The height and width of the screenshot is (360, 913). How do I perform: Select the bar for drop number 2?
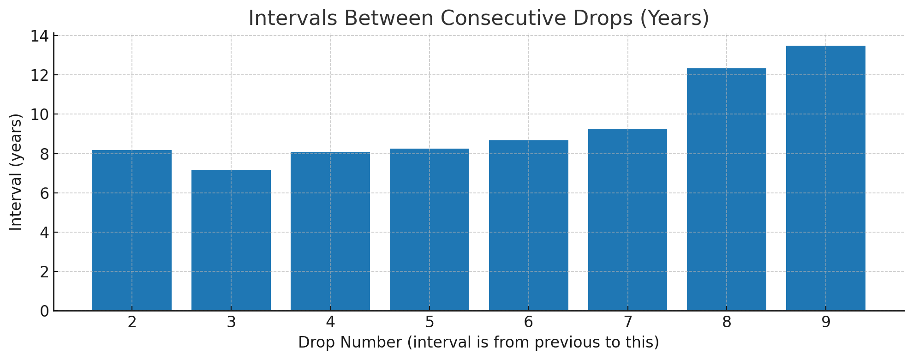(132, 231)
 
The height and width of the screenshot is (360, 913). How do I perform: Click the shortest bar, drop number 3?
(231, 240)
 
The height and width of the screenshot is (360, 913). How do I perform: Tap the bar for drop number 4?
(330, 231)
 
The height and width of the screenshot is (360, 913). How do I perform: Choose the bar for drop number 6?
(529, 226)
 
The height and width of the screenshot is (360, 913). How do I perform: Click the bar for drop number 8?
(727, 189)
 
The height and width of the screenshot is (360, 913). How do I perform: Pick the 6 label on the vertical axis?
(44, 193)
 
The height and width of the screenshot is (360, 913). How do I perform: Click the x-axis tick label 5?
(430, 323)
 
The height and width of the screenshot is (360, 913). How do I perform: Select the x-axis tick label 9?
(826, 323)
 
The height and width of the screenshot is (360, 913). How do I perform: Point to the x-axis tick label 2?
(132, 323)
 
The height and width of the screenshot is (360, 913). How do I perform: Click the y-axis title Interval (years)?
(16, 172)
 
